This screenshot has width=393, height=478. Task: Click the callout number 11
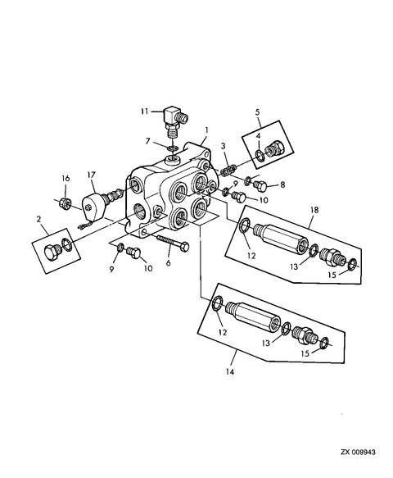(x=144, y=112)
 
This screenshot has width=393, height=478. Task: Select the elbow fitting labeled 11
(x=175, y=121)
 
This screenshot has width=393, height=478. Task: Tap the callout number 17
(x=92, y=175)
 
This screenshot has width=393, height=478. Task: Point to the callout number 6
(x=169, y=262)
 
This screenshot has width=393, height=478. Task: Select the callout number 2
(x=38, y=219)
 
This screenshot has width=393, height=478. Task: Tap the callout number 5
(x=257, y=112)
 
